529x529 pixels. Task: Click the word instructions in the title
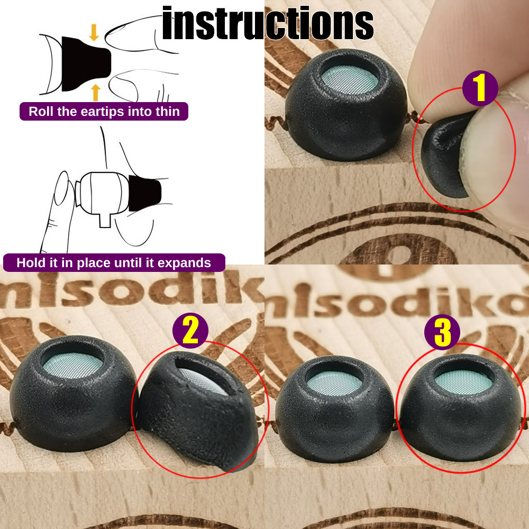click(268, 24)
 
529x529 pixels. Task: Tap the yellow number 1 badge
click(480, 89)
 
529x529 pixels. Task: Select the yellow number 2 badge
click(190, 331)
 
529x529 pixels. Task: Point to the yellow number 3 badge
click(442, 332)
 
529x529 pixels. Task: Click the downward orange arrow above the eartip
click(94, 32)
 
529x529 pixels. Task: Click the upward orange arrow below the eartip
click(95, 92)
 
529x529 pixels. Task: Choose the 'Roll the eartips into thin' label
click(104, 112)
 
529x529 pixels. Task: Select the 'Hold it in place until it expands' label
click(114, 263)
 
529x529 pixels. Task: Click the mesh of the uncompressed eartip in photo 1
click(350, 80)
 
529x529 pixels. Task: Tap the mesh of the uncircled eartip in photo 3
click(336, 381)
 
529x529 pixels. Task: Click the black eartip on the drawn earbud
click(144, 194)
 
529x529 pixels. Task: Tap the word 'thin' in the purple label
click(168, 112)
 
